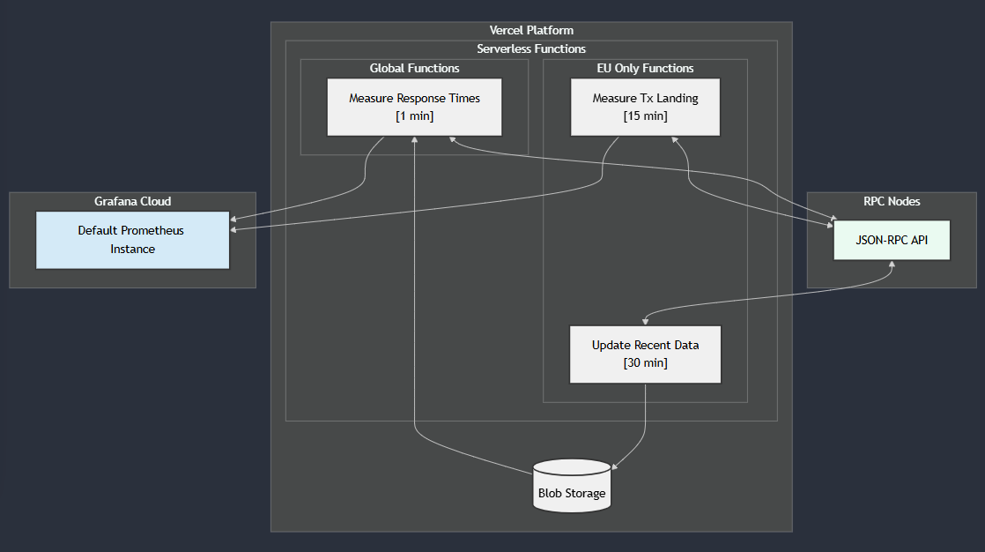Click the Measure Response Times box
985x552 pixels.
pyautogui.click(x=414, y=107)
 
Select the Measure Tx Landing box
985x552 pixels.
pyautogui.click(x=645, y=107)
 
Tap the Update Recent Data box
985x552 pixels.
pyautogui.click(x=645, y=354)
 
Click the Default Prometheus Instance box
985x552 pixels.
pyautogui.click(x=132, y=240)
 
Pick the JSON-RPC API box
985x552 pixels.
pyautogui.click(x=892, y=240)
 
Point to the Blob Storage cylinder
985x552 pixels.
pyautogui.click(x=572, y=486)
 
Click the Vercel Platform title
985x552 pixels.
pyautogui.click(x=531, y=31)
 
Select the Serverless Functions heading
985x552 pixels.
pyautogui.click(x=531, y=49)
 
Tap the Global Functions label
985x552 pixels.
pyautogui.click(x=414, y=68)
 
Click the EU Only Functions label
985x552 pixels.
pyautogui.click(x=645, y=68)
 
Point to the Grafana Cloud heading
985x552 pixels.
pyautogui.click(x=132, y=201)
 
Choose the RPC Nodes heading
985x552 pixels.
pyautogui.click(x=892, y=201)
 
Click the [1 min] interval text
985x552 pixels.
pyautogui.click(x=414, y=116)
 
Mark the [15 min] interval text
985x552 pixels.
pyautogui.click(x=645, y=116)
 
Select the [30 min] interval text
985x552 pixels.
pyautogui.click(x=645, y=363)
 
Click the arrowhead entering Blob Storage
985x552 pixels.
pyautogui.click(x=615, y=466)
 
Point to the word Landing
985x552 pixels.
pyautogui.click(x=677, y=98)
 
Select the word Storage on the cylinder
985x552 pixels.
pyautogui.click(x=587, y=494)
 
